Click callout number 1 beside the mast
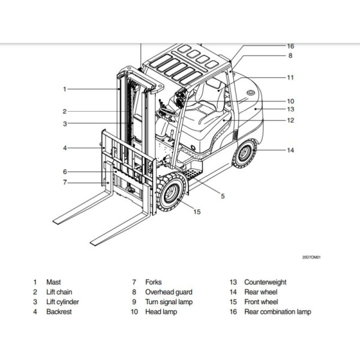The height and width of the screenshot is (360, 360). click(64, 89)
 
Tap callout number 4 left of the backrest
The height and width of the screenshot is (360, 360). click(64, 148)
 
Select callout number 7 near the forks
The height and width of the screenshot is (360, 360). click(64, 182)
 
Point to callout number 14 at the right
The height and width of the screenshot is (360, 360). click(290, 150)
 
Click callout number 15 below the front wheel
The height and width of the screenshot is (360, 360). click(197, 211)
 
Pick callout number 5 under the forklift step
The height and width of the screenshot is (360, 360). click(222, 196)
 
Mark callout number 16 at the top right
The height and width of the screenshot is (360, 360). click(290, 46)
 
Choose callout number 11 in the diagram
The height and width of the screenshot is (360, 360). click(290, 77)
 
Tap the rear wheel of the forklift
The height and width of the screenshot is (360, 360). click(244, 153)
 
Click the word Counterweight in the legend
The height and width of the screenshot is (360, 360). click(265, 282)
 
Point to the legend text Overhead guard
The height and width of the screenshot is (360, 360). click(169, 292)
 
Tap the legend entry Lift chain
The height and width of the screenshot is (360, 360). click(61, 292)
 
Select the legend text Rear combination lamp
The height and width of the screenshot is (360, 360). click(278, 311)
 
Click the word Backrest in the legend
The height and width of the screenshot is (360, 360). click(59, 311)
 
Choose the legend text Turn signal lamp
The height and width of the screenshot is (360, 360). click(169, 302)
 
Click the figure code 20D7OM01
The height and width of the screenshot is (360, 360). click(312, 257)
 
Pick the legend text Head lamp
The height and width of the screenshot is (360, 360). click(161, 311)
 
